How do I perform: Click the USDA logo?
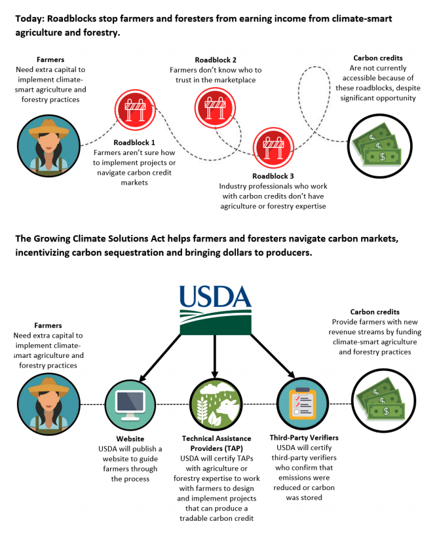[216, 308]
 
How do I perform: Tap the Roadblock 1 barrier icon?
[134, 109]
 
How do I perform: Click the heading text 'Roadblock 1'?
[134, 142]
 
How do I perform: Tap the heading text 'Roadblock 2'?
[216, 60]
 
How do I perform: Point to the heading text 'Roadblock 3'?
[273, 176]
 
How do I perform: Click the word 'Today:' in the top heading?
[30, 19]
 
